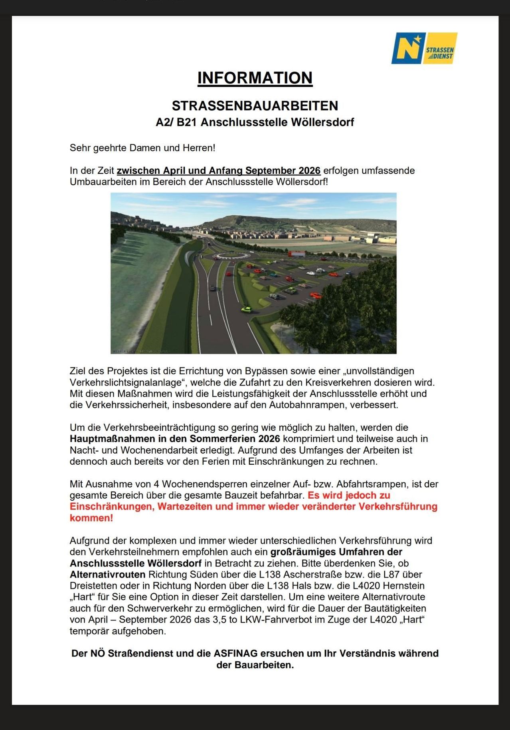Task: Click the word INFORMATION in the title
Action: [255, 78]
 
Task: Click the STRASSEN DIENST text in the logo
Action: [439, 53]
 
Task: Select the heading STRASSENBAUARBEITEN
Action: [255, 105]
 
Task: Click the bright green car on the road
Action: [246, 309]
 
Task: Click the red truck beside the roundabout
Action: [296, 254]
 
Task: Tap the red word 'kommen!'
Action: [91, 518]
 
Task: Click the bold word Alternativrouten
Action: [107, 575]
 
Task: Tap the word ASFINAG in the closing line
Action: [235, 654]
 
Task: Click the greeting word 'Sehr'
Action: [80, 148]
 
